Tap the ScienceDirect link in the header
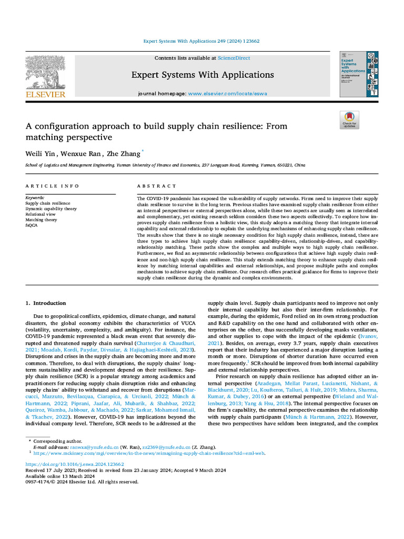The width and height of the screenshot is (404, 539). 234,58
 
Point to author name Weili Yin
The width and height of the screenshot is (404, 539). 39,154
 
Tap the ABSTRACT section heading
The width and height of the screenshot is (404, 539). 156,186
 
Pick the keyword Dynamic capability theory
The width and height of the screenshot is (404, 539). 51,208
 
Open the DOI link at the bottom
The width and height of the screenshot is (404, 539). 75,464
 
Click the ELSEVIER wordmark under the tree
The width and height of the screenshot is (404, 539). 46,94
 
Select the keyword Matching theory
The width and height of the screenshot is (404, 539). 42,219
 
